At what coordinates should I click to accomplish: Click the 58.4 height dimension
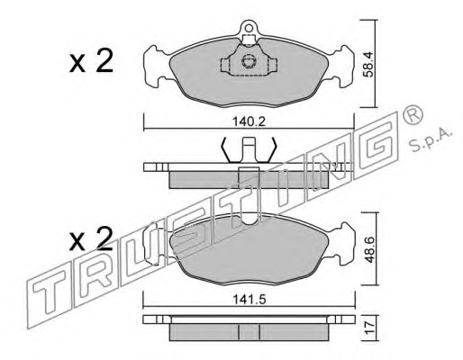click(x=368, y=64)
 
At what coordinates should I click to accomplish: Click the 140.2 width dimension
click(x=250, y=121)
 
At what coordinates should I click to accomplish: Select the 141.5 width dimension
click(x=250, y=300)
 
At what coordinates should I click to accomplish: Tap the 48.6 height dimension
click(x=369, y=249)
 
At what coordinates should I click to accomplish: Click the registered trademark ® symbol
click(x=413, y=115)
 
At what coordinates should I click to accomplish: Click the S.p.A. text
click(x=431, y=140)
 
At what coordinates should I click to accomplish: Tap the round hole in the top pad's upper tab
click(x=249, y=28)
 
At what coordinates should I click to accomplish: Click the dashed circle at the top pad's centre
click(x=249, y=61)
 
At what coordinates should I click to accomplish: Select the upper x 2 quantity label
click(x=91, y=61)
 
